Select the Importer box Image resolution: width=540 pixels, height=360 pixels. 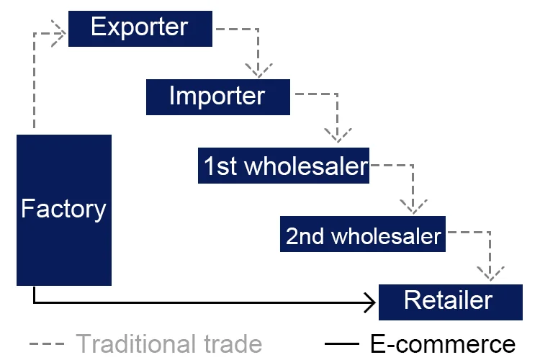[217, 96]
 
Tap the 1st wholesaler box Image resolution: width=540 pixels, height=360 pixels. [284, 166]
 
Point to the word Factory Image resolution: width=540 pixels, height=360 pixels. [63, 209]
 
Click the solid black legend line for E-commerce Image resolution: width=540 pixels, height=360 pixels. [346, 343]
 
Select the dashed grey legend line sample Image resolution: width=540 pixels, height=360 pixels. [48, 343]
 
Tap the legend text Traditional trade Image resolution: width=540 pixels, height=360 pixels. [168, 343]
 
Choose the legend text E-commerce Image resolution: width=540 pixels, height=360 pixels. [444, 343]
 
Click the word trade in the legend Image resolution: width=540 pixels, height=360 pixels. [230, 343]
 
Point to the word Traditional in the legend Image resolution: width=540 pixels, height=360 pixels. [132, 343]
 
